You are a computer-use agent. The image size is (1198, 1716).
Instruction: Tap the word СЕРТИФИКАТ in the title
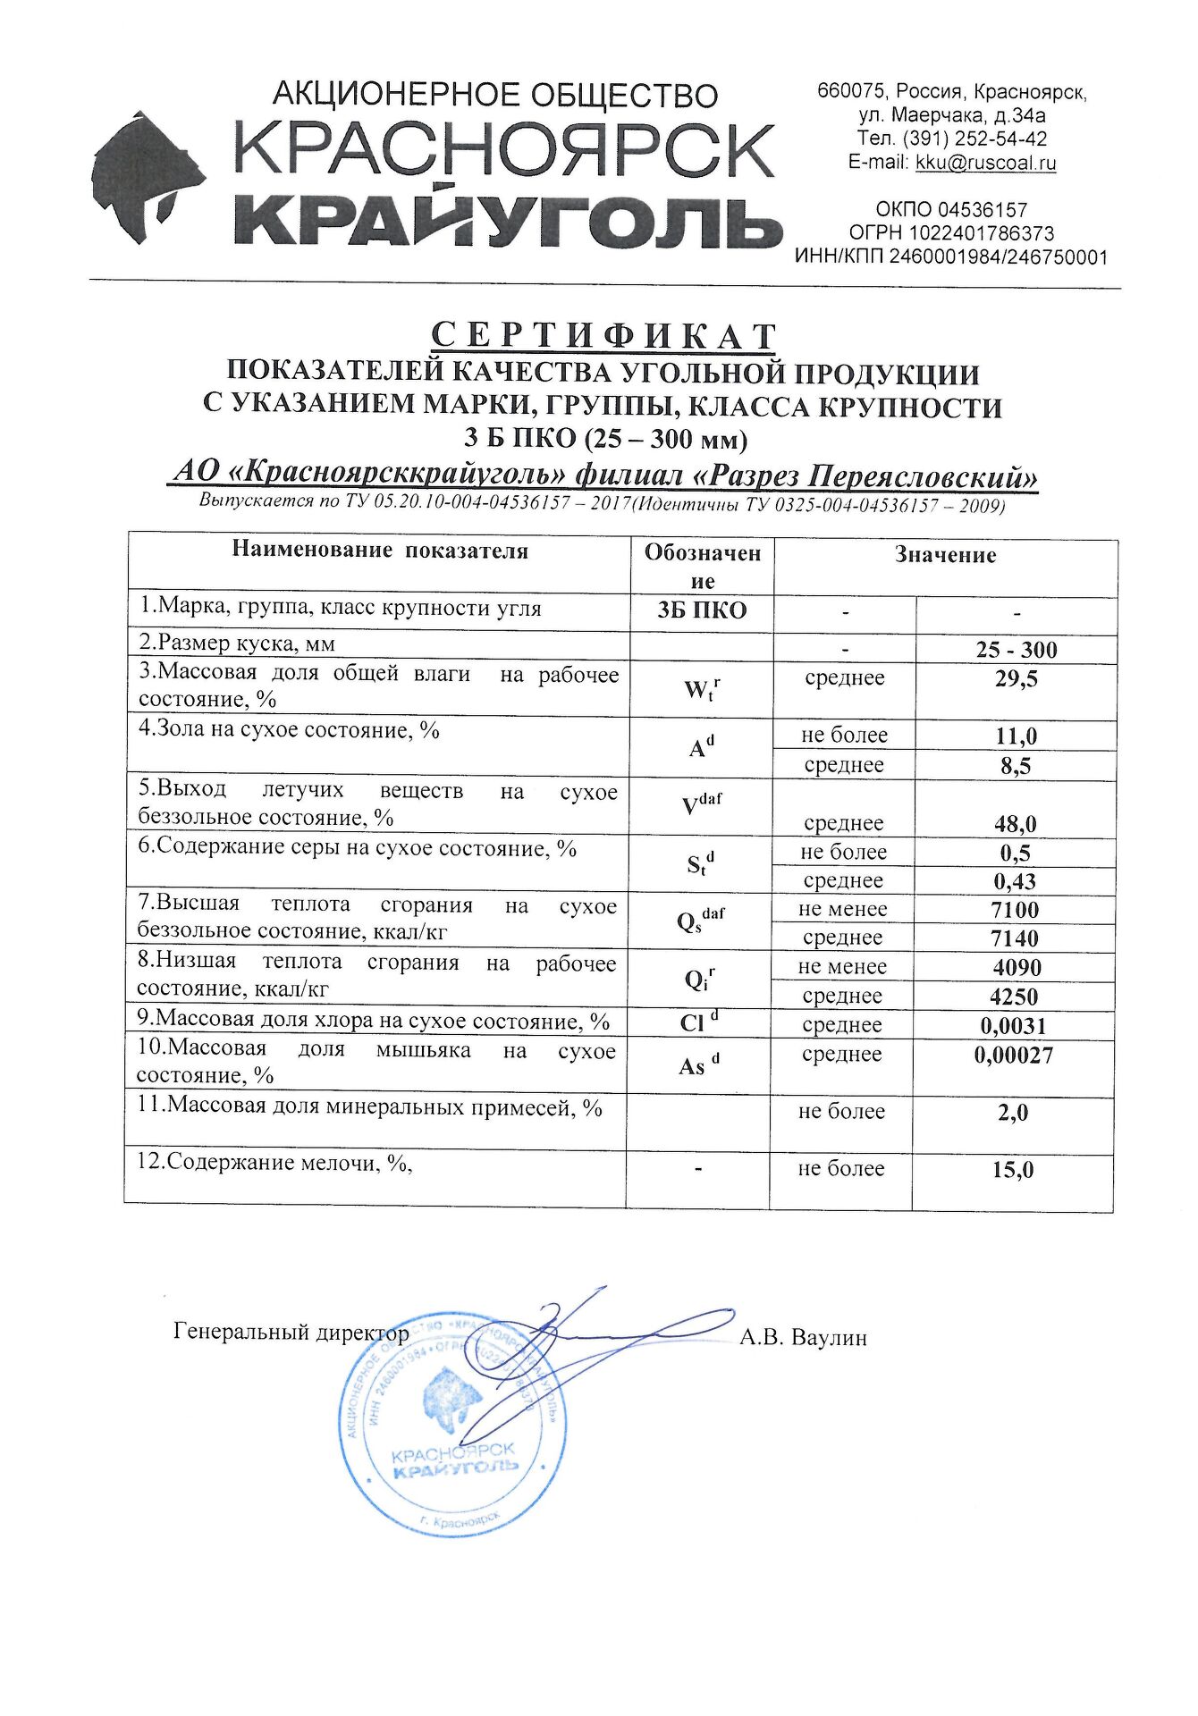(x=603, y=336)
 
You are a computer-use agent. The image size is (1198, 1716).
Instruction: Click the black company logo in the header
(x=148, y=178)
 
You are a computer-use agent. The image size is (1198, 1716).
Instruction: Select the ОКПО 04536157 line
(x=951, y=210)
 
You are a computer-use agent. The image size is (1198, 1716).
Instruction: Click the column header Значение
(x=945, y=555)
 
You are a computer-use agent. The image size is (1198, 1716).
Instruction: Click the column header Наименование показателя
(x=380, y=551)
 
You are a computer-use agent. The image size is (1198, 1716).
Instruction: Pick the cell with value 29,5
(x=1017, y=679)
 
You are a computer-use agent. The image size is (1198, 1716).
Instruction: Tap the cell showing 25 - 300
(x=1017, y=650)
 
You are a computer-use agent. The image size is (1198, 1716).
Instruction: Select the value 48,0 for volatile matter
(x=1016, y=823)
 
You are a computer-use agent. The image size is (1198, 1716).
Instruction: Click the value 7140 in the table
(x=1015, y=938)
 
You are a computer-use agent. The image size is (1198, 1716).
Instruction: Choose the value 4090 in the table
(x=1016, y=967)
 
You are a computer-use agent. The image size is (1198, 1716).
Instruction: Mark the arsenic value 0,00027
(x=1014, y=1055)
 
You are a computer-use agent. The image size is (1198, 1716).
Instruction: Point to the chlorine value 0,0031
(x=1013, y=1025)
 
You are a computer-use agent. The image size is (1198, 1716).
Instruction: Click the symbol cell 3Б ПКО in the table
(x=702, y=610)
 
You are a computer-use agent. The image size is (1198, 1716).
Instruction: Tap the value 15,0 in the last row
(x=1013, y=1169)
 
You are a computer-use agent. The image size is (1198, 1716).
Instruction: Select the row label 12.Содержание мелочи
(x=274, y=1163)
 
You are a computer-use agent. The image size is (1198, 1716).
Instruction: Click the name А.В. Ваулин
(x=803, y=1338)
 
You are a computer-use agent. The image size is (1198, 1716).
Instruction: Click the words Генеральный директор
(x=291, y=1333)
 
